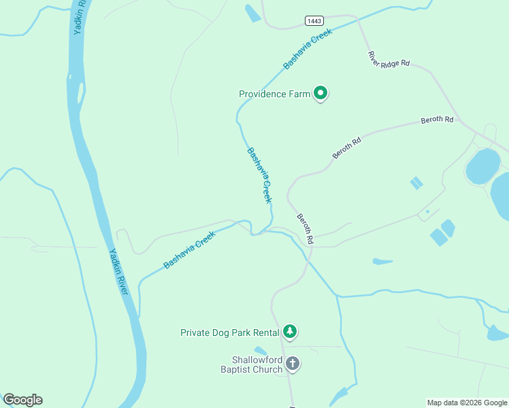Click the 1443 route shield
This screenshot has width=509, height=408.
pos(314,21)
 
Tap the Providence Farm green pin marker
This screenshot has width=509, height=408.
pos(321,94)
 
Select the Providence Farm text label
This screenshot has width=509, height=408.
pos(274,94)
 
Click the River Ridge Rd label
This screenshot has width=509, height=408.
pos(389,59)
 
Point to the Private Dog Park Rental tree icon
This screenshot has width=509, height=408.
pos(291,332)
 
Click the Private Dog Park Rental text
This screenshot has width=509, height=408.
pos(230,333)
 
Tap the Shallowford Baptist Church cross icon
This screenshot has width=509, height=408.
pos(293,364)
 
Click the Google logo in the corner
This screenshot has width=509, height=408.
pos(22,400)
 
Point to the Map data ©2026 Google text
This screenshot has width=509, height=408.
pos(467,403)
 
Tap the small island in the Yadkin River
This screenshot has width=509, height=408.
pos(80,92)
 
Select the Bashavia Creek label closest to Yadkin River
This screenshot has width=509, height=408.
pos(188,250)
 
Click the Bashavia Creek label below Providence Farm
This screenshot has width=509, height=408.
pos(259,175)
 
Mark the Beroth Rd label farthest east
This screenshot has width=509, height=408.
pos(437,120)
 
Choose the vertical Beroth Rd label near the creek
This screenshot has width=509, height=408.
pos(304,229)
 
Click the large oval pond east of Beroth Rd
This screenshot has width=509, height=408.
pos(482,166)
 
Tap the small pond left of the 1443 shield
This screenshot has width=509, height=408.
pos(252,12)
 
